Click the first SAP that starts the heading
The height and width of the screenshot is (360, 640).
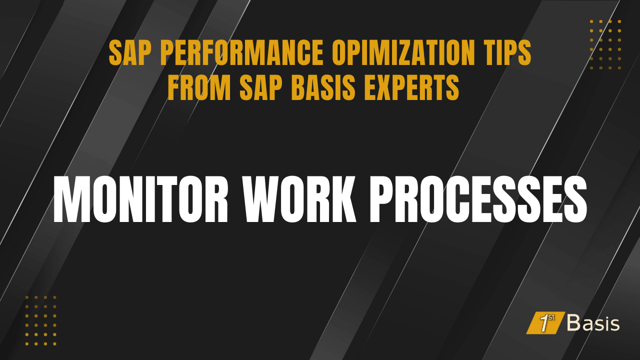(126, 54)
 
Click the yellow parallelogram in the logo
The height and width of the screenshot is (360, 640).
(545, 323)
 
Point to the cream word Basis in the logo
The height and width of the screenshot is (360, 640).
(593, 323)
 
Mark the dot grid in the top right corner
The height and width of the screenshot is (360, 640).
(605, 44)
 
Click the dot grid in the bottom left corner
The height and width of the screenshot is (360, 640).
(41, 320)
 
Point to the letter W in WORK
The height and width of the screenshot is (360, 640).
(265, 200)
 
